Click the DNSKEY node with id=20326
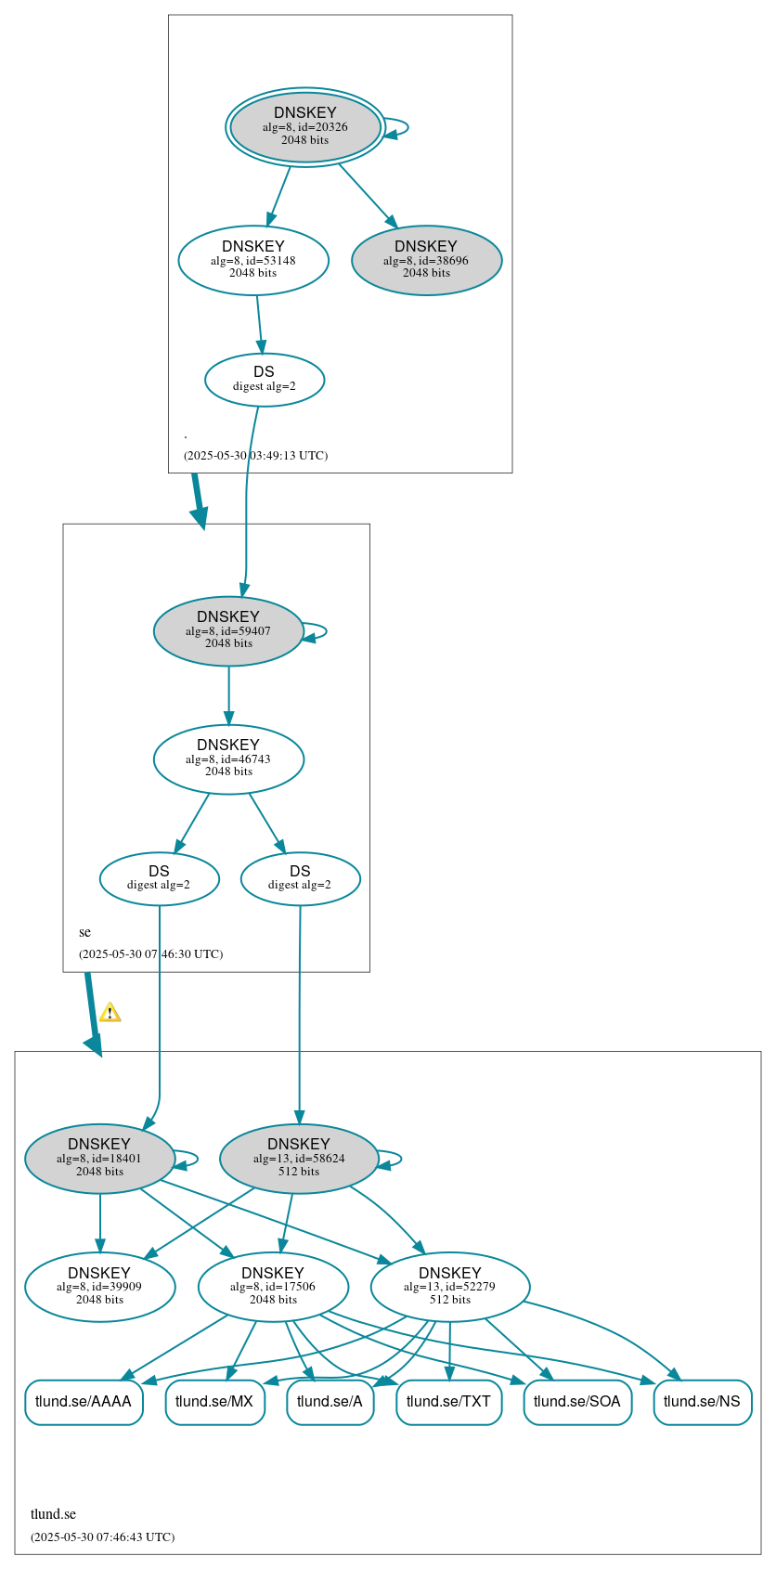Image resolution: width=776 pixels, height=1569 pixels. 305,127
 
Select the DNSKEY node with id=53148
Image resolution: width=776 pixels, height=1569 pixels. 253,260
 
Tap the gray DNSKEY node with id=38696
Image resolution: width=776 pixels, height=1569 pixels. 426,260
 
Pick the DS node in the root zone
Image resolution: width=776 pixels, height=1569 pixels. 265,380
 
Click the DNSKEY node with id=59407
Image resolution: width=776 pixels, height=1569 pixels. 228,630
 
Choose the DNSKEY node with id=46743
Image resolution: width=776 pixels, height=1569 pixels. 228,759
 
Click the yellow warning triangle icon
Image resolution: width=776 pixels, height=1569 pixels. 110,1013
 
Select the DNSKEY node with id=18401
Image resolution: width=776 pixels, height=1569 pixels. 99,1158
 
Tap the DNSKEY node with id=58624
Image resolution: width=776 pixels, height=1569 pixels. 299,1158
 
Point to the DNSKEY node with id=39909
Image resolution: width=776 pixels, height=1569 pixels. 99,1287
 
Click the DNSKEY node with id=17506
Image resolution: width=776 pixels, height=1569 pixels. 273,1287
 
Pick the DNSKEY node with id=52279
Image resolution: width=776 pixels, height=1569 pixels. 450,1287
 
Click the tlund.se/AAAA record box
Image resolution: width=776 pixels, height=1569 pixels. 84,1402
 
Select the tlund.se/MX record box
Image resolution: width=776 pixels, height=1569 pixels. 214,1402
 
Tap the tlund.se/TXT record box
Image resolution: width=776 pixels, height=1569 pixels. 448,1402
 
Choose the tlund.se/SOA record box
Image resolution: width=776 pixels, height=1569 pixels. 577,1402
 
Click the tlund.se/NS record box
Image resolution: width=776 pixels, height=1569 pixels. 702,1402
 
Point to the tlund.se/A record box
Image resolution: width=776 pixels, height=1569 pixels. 330,1402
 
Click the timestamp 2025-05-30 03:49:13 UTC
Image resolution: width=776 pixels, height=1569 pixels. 255,456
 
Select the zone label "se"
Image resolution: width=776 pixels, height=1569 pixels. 85,932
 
